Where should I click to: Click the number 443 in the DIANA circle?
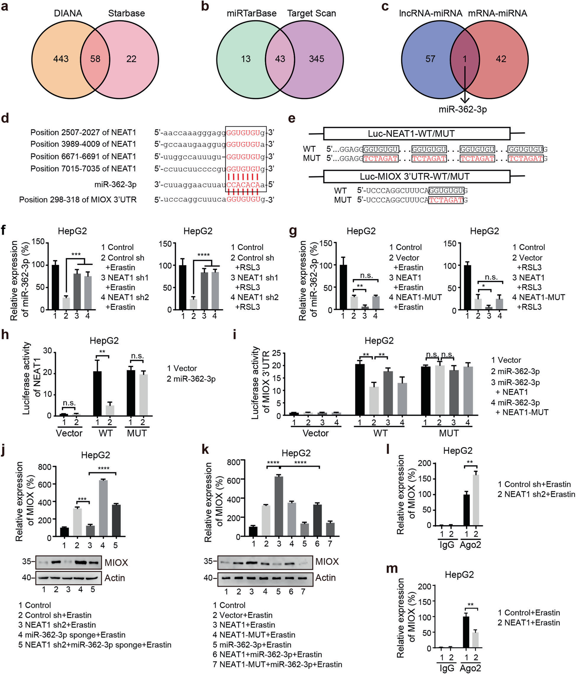(61, 59)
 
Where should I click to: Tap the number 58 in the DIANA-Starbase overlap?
(95, 59)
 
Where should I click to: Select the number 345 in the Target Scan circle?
(316, 59)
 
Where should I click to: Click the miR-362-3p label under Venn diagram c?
(463, 109)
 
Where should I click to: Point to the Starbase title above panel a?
(126, 13)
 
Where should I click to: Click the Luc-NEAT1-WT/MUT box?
(416, 134)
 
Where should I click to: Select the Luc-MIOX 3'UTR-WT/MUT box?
(416, 177)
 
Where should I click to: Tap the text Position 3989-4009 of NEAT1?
(83, 144)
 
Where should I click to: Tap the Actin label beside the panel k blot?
(326, 578)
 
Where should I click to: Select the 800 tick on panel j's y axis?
(45, 467)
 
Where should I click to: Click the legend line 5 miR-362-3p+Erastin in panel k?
(252, 645)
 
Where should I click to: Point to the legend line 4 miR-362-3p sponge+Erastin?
(71, 635)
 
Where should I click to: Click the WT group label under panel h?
(105, 433)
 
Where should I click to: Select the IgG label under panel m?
(447, 668)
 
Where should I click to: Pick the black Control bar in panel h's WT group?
(97, 393)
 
